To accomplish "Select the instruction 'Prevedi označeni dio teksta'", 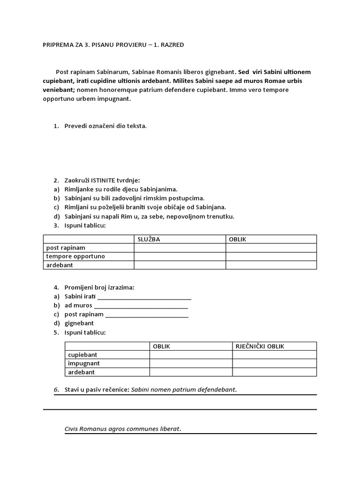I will tap(105, 126).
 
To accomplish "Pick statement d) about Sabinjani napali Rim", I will tap(149, 216).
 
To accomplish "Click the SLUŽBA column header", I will tap(149, 239).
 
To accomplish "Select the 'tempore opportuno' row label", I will tap(75, 256).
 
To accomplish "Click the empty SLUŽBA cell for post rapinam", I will tap(180, 248).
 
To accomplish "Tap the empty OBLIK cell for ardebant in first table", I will tap(271, 265).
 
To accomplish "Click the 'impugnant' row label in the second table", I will tap(84, 363).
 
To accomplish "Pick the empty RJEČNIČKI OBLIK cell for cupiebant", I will tap(274, 355).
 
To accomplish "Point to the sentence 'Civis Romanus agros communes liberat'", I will tap(123, 428).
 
